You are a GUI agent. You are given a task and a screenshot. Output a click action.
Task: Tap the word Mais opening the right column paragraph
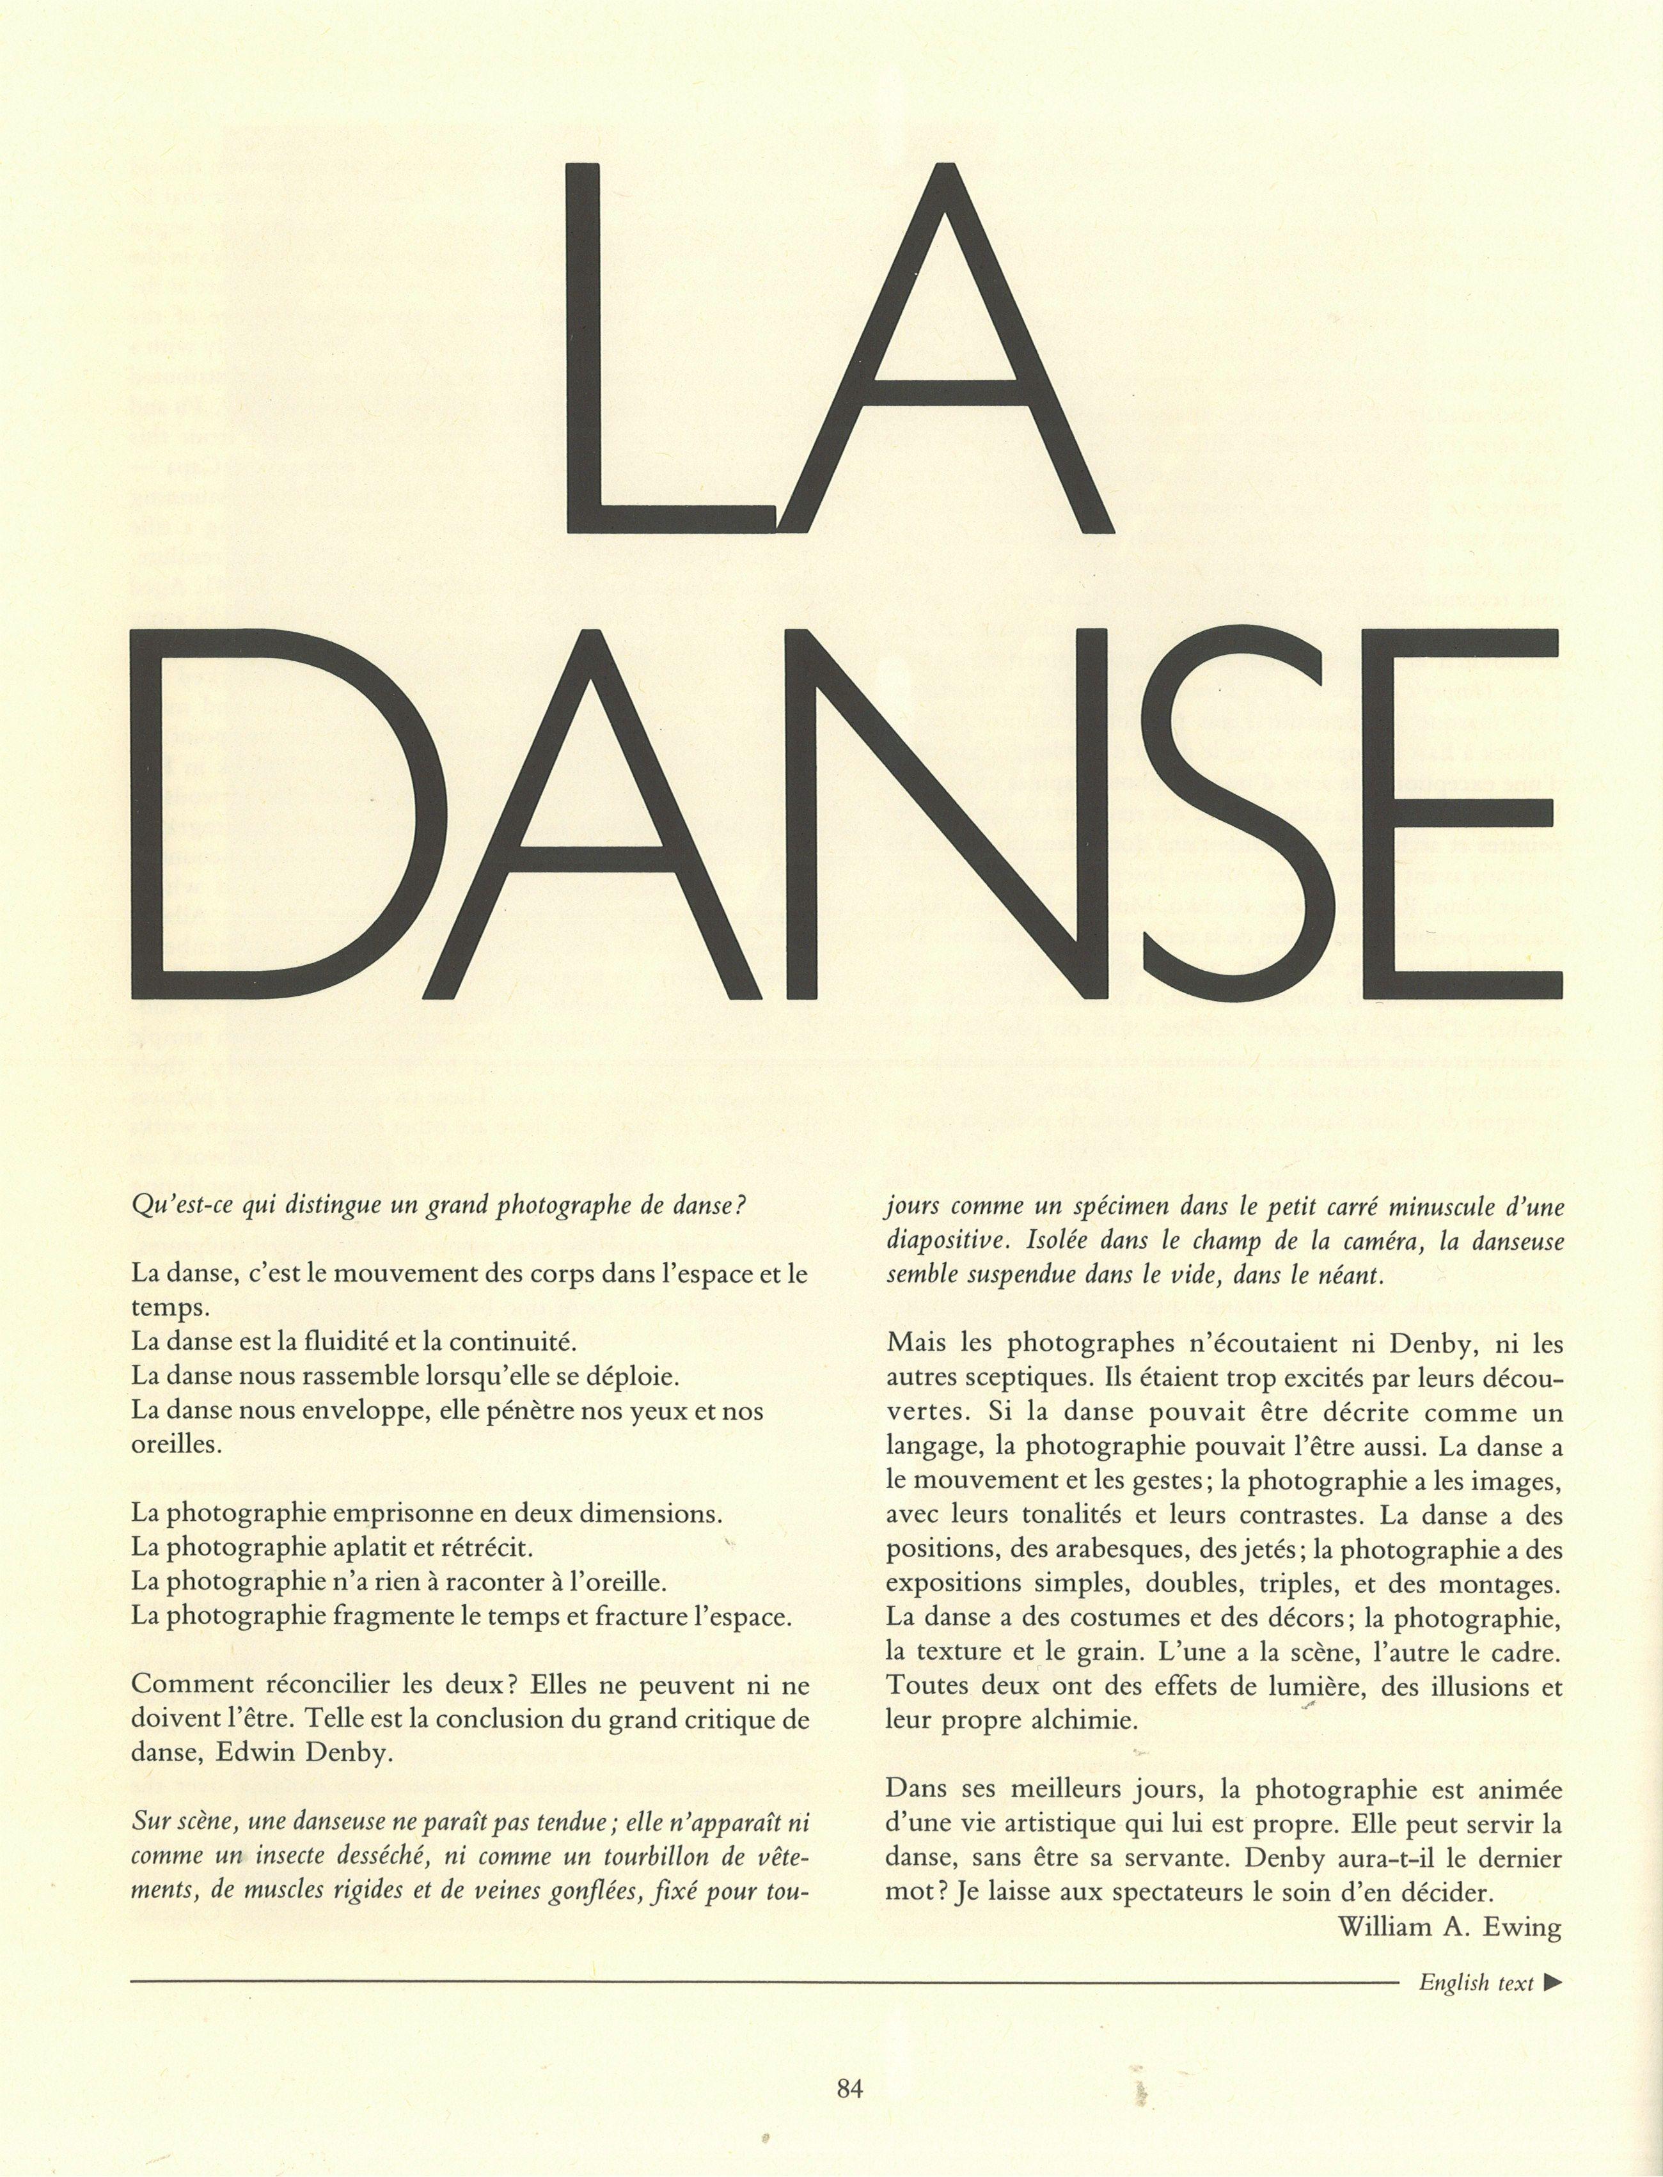(917, 1344)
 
